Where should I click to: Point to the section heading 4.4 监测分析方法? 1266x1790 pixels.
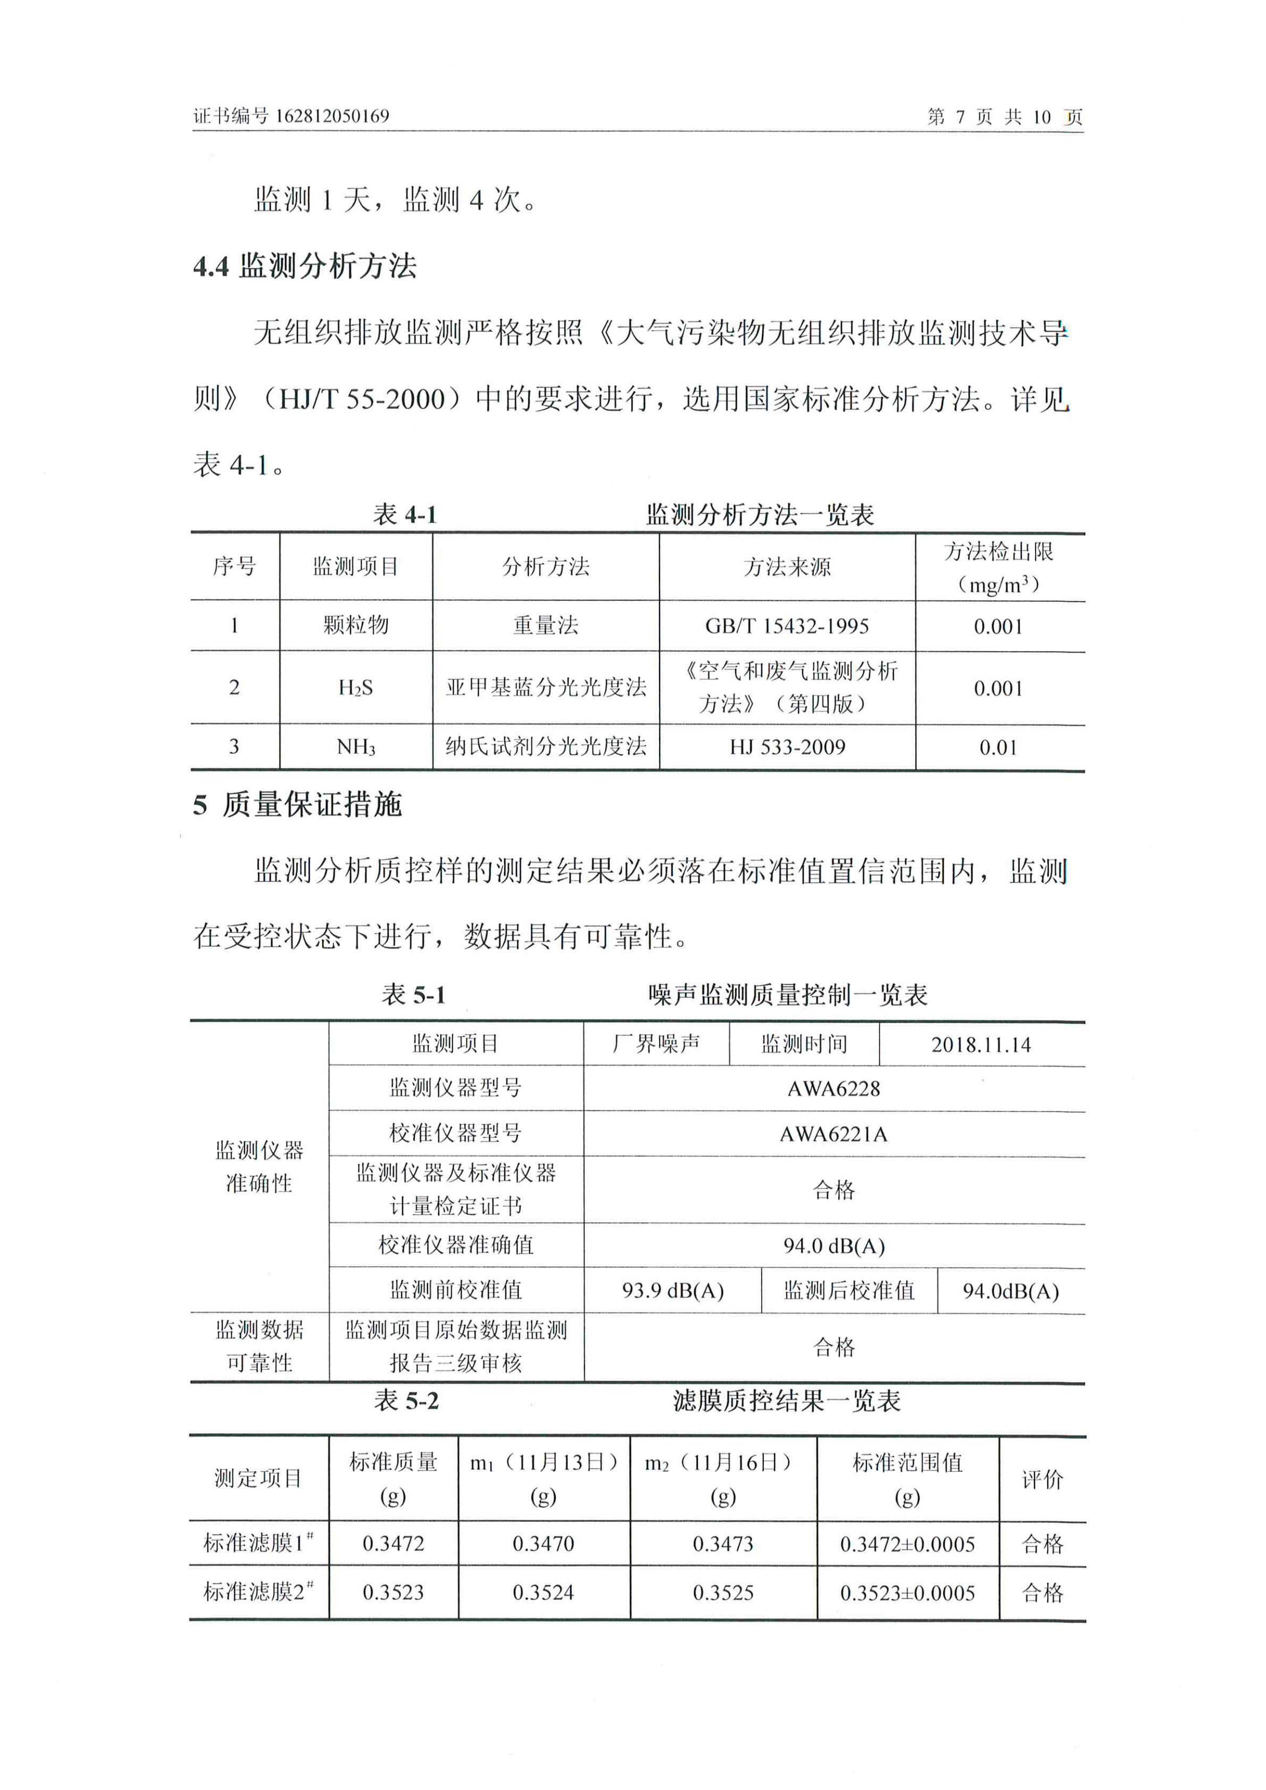pos(304,266)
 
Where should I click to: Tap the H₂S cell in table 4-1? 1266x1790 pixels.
pos(356,688)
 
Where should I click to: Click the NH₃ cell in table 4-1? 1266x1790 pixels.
pos(356,747)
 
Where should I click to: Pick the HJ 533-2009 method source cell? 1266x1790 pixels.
pos(787,747)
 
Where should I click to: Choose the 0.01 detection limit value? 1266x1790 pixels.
pos(998,748)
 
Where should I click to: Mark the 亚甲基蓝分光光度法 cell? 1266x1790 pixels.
pos(546,688)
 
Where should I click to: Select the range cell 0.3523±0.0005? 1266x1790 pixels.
pos(907,1593)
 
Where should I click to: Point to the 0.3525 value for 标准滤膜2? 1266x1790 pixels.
pos(723,1593)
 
